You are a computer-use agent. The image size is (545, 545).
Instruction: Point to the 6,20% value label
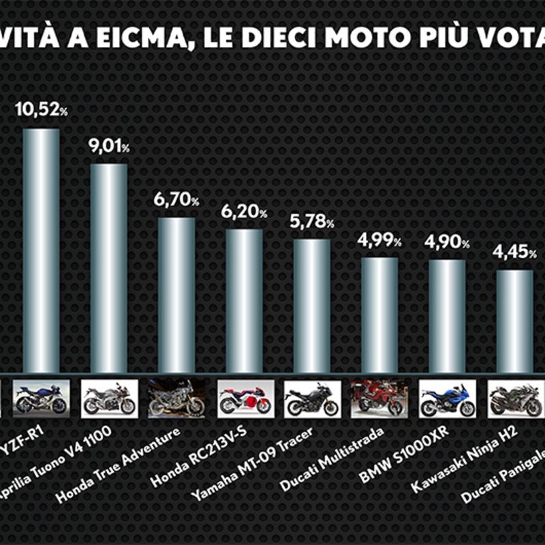point(243,213)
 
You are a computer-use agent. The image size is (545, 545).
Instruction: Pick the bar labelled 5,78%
point(311,307)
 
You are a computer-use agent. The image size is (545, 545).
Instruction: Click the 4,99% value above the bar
point(378,240)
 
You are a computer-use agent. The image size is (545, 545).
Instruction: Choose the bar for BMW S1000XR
point(447,317)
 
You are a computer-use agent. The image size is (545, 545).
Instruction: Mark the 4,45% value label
point(513,253)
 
